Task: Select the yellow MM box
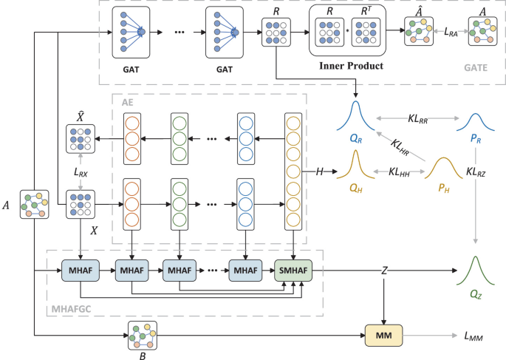pyautogui.click(x=383, y=336)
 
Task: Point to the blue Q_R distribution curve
pyautogui.click(x=357, y=115)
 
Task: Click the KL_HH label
pyautogui.click(x=399, y=171)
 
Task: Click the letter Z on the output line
pyautogui.click(x=383, y=271)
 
